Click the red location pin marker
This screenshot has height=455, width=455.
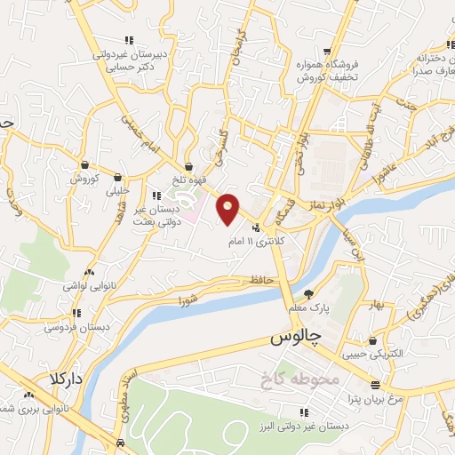[x=228, y=208]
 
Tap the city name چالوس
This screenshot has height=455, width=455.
[x=292, y=339]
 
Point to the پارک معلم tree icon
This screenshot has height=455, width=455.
[x=308, y=293]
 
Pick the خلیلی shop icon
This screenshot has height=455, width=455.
[x=117, y=177]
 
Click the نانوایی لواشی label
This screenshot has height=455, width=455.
[x=84, y=286]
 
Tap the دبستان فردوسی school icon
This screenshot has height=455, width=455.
[x=77, y=313]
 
